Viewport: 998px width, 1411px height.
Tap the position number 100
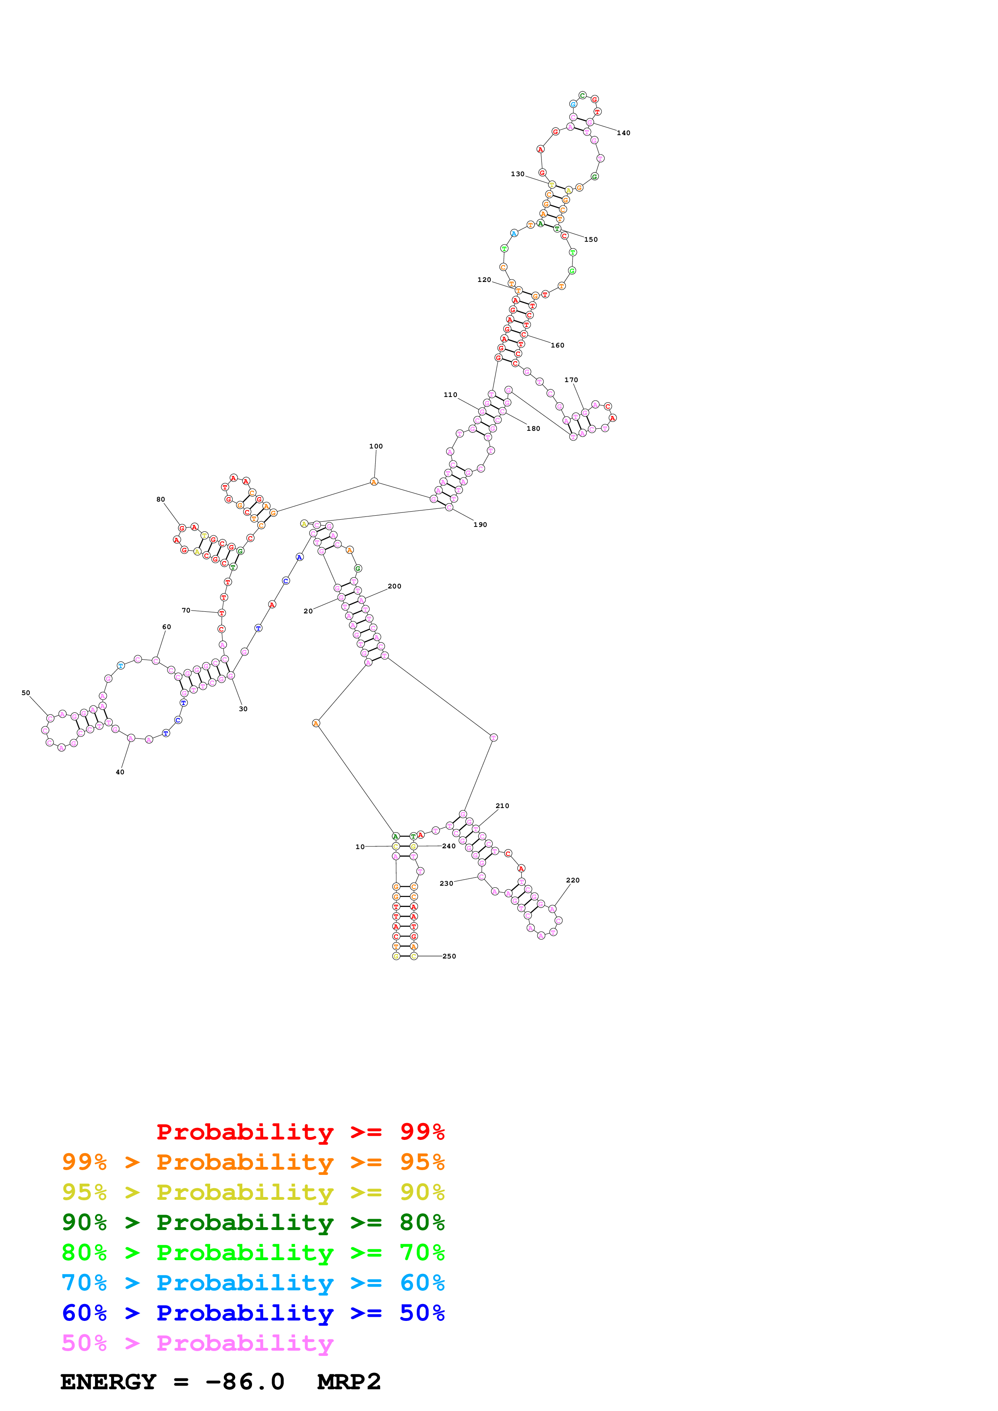click(x=376, y=446)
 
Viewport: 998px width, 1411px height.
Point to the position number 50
click(x=26, y=693)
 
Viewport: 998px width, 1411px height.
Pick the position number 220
click(x=572, y=880)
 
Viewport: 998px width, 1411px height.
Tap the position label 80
click(x=161, y=499)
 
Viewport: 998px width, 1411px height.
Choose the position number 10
click(x=360, y=846)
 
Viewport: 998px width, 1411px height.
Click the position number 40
click(x=120, y=772)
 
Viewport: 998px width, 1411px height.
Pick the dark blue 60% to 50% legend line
click(x=253, y=1313)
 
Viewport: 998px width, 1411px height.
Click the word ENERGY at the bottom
click(x=108, y=1382)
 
